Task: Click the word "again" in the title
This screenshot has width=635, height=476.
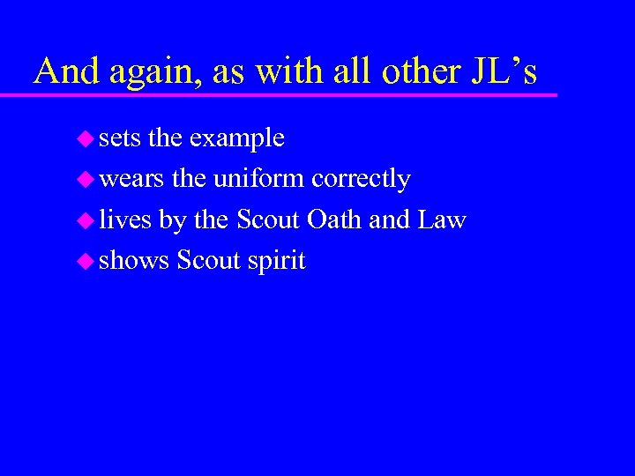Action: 148,72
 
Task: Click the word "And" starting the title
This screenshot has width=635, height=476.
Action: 66,71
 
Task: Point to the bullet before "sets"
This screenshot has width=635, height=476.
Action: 86,138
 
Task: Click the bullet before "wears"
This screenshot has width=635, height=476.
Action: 86,180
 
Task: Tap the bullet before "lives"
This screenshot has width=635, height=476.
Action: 86,220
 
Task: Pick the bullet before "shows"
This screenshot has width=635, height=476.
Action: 86,262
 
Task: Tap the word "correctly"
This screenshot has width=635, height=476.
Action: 361,180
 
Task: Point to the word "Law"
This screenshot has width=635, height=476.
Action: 442,219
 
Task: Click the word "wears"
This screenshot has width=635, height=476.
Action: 131,180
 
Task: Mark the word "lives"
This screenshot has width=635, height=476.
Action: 125,219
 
